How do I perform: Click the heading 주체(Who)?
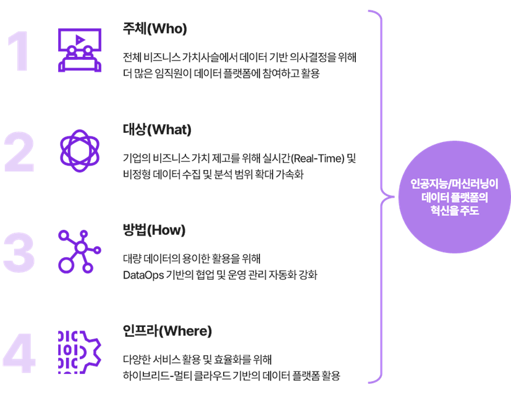pyautogui.click(x=155, y=28)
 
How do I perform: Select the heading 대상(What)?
pyautogui.click(x=157, y=129)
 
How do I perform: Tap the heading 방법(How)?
pyautogui.click(x=154, y=230)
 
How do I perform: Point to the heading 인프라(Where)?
pyautogui.click(x=167, y=331)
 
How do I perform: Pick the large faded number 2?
pyautogui.click(x=19, y=151)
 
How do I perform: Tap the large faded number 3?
pyautogui.click(x=19, y=252)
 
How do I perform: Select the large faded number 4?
pyautogui.click(x=19, y=353)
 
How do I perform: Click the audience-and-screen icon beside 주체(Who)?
pyautogui.click(x=80, y=50)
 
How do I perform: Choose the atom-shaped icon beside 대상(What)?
pyautogui.click(x=80, y=151)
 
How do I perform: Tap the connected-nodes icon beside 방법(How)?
pyautogui.click(x=80, y=252)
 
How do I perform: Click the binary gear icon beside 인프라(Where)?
pyautogui.click(x=80, y=352)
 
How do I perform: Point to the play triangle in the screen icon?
pyautogui.click(x=80, y=40)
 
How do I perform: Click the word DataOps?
pyautogui.click(x=143, y=275)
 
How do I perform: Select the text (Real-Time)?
pyautogui.click(x=318, y=158)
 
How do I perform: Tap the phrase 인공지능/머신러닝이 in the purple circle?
pyautogui.click(x=454, y=184)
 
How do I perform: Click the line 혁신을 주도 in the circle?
pyautogui.click(x=455, y=210)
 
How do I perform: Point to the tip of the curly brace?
pyautogui.click(x=394, y=197)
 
